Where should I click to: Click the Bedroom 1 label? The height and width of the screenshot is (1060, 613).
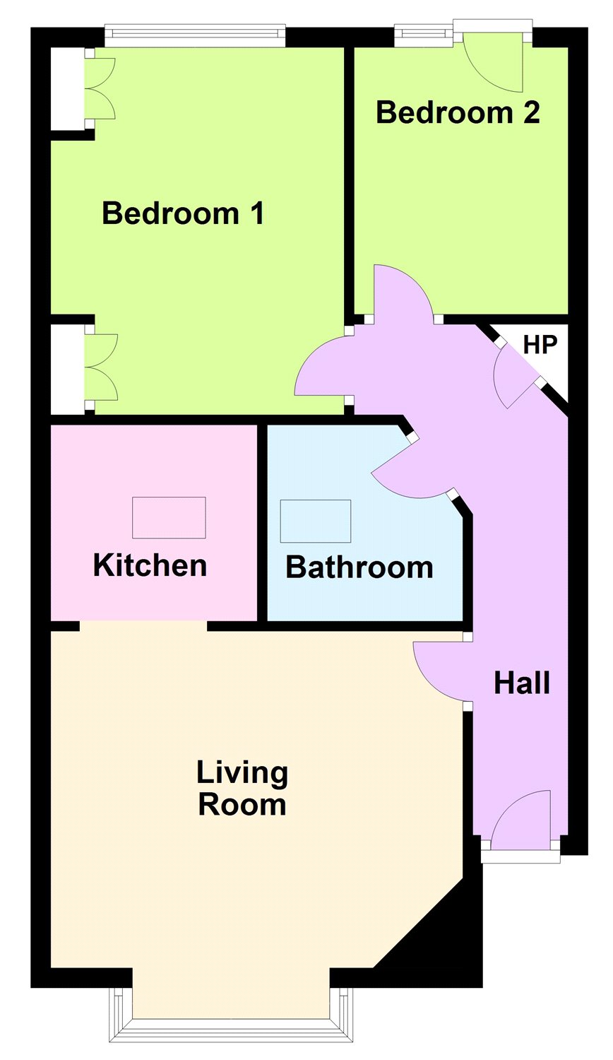click(183, 213)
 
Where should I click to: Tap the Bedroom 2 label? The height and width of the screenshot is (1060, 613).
click(458, 112)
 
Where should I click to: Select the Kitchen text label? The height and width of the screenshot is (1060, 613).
click(150, 565)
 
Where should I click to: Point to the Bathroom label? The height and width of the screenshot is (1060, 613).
click(359, 567)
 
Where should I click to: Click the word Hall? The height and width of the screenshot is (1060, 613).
click(522, 683)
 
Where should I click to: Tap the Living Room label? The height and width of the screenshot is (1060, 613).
click(242, 789)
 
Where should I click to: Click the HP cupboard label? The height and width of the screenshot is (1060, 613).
click(540, 344)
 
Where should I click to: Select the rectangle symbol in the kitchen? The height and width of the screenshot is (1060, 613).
click(169, 517)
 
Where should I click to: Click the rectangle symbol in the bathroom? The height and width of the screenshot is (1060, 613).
click(316, 521)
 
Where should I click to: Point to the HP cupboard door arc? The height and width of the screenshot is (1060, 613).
click(512, 378)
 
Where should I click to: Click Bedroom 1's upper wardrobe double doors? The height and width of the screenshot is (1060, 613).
click(100, 88)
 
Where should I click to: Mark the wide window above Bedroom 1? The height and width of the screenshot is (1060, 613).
click(195, 35)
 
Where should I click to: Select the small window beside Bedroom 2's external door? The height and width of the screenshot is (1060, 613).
click(423, 36)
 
